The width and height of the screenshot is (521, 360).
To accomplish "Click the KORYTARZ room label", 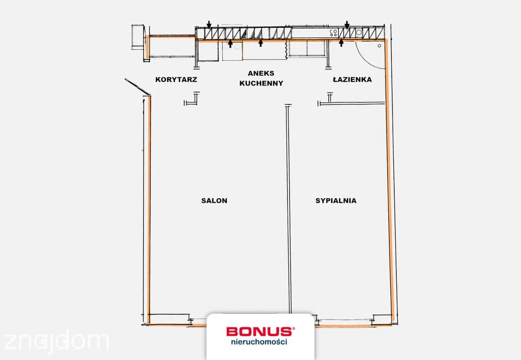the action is [176, 79].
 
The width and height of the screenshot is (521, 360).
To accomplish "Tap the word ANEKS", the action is [261, 73].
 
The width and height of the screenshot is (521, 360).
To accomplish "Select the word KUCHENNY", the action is [261, 83].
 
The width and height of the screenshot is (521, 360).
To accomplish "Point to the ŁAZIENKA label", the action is [352, 79].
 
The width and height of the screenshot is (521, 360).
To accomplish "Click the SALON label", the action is [214, 201].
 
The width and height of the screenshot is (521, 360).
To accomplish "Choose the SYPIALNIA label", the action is [336, 201].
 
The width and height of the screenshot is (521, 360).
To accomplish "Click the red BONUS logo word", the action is [260, 331].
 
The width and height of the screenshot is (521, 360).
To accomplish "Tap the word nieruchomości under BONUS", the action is [259, 342].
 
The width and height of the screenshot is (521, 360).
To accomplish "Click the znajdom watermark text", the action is [56, 341].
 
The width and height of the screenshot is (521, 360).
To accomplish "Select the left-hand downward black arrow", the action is [209, 24].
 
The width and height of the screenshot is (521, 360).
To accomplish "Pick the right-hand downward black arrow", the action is [347, 24].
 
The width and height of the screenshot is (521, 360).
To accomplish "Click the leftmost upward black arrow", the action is [230, 44].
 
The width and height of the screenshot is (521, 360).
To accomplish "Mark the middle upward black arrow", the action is [261, 43].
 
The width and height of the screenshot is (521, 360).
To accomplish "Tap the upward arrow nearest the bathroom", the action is [341, 43].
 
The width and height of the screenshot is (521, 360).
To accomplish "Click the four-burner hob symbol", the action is [333, 33].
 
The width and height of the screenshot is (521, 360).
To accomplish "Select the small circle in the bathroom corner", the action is [380, 46].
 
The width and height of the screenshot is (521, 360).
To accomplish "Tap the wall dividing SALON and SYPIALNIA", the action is [288, 209].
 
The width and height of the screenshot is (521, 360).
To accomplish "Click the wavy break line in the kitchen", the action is [286, 50].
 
